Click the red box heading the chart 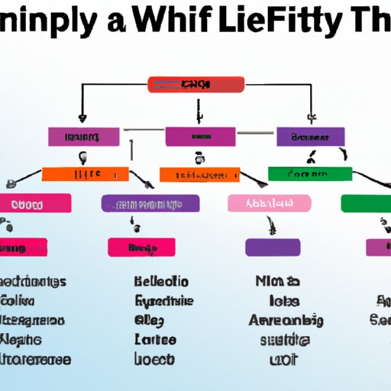[x=195, y=84]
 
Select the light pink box [x=270, y=202]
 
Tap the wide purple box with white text [x=150, y=203]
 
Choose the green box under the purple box [x=310, y=174]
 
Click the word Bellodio [x=162, y=282]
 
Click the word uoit [x=284, y=358]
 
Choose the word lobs [x=284, y=301]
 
